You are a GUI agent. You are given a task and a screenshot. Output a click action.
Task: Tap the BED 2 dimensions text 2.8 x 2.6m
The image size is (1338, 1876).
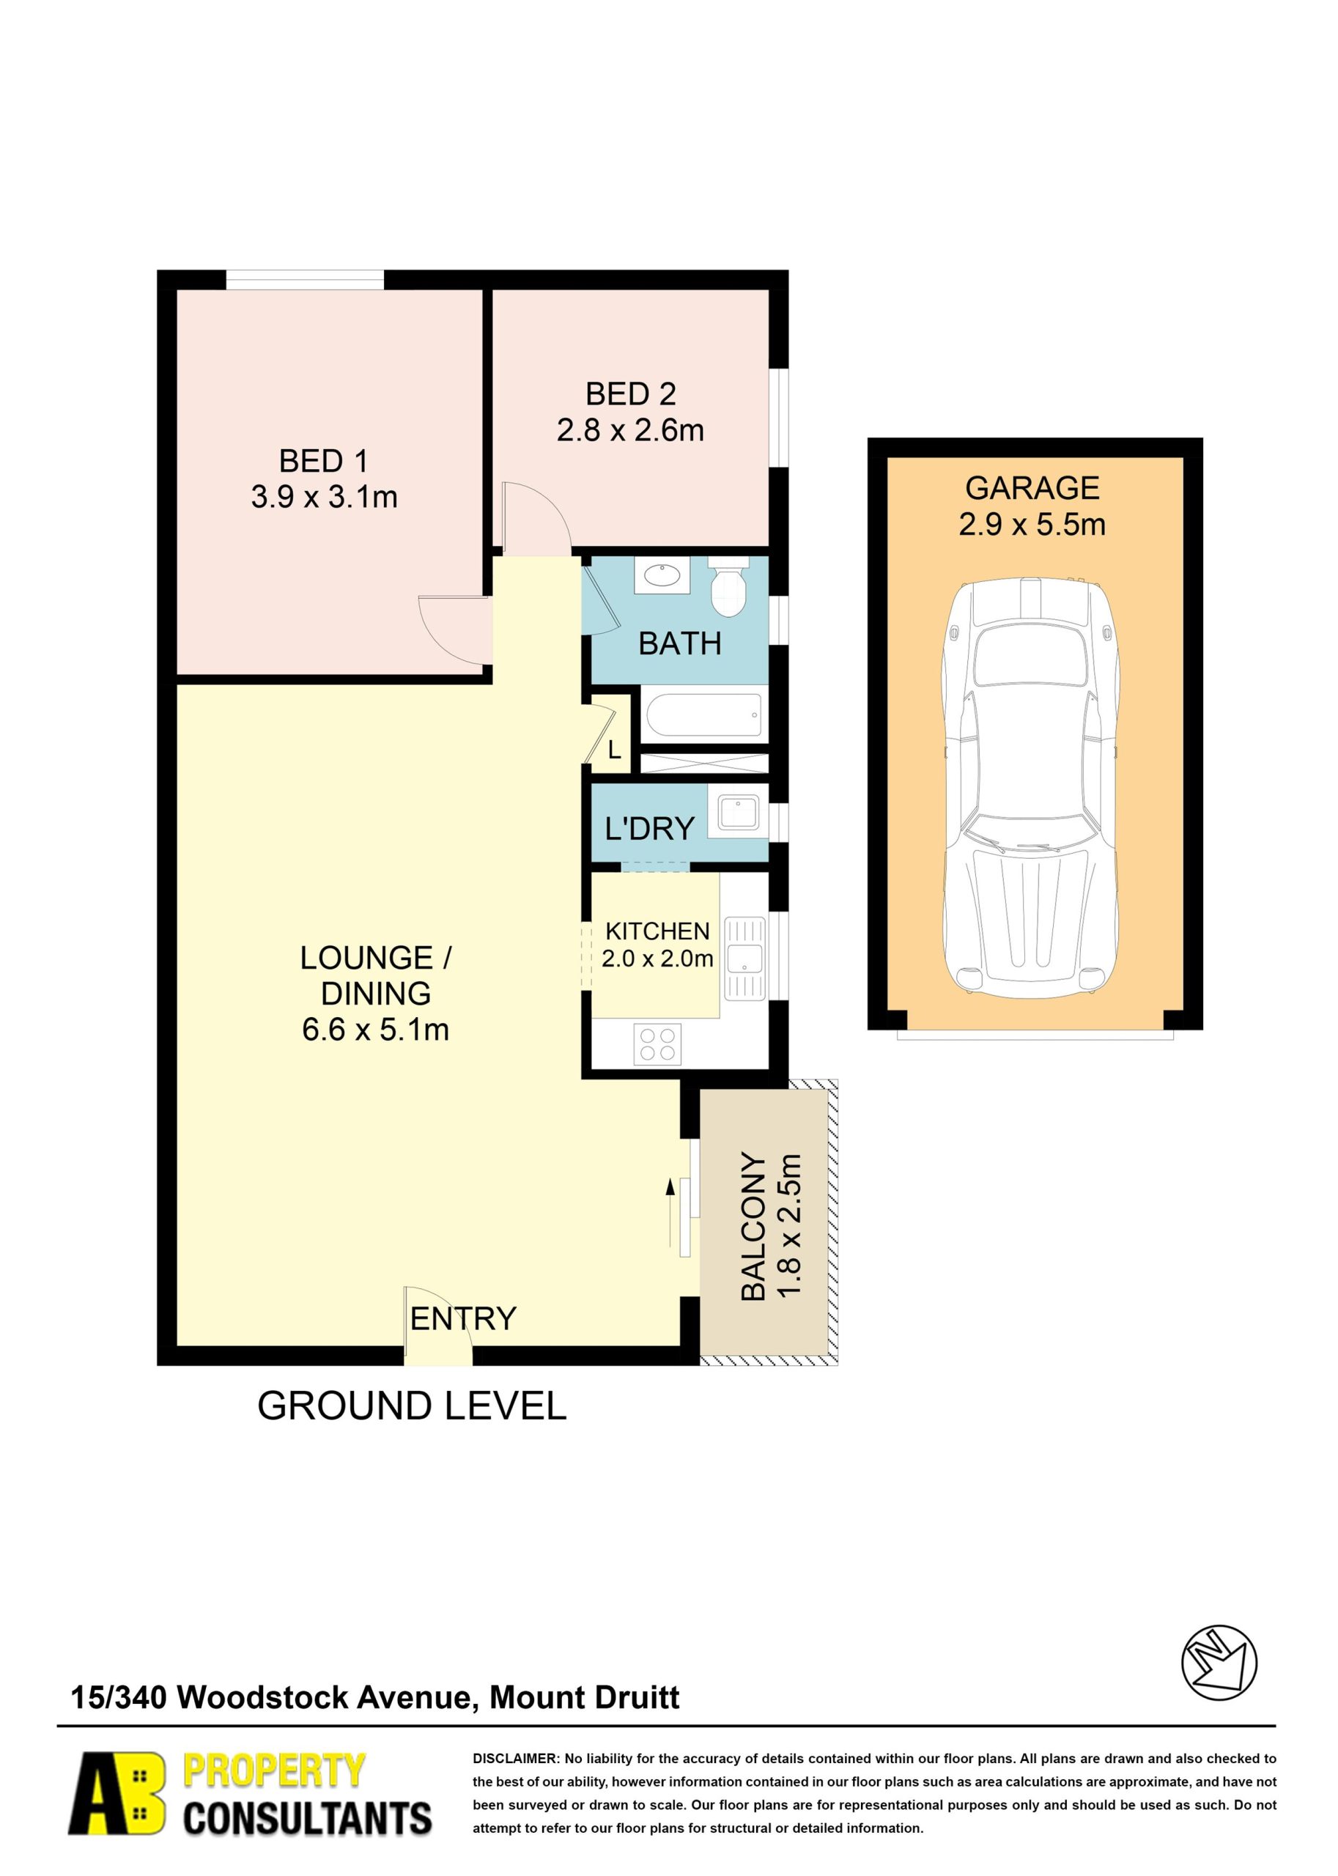[630, 430]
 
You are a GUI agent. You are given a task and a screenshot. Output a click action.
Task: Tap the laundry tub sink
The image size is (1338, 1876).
[737, 813]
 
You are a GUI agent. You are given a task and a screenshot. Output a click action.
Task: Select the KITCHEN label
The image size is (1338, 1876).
[657, 931]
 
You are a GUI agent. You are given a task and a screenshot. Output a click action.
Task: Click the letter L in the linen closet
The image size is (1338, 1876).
[614, 750]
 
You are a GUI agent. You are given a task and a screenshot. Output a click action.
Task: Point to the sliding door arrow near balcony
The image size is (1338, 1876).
[670, 1214]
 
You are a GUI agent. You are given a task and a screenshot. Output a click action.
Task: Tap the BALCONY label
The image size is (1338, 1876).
[753, 1227]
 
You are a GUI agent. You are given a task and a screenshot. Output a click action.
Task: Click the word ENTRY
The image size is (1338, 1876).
[463, 1319]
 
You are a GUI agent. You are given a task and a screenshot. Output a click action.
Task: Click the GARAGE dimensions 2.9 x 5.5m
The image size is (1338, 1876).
[1032, 524]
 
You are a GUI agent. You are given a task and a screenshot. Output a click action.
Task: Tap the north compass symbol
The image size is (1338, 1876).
[1219, 1663]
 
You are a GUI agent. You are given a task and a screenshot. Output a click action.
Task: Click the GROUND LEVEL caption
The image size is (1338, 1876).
[412, 1406]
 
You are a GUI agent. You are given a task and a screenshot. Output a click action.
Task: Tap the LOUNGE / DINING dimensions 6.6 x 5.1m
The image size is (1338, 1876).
[376, 1030]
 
